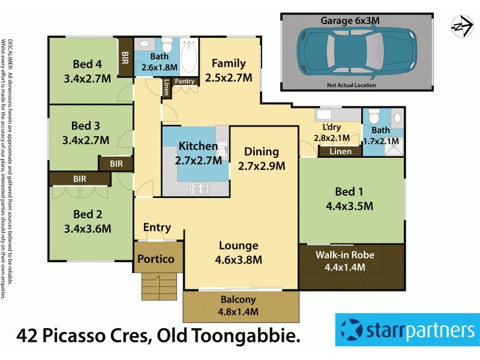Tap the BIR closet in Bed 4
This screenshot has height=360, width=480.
pos(125,58)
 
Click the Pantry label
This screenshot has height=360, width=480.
pos(184,81)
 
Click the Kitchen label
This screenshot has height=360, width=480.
pos(198,146)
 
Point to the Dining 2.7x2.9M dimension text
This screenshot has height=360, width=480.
pos(261,165)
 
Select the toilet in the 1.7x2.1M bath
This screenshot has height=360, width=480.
pos(373,115)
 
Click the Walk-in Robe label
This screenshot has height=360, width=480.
pos(344,255)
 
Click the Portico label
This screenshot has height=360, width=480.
pos(155,259)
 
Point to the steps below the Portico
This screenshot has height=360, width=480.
pos(160,284)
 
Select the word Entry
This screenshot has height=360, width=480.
pos(157,228)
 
